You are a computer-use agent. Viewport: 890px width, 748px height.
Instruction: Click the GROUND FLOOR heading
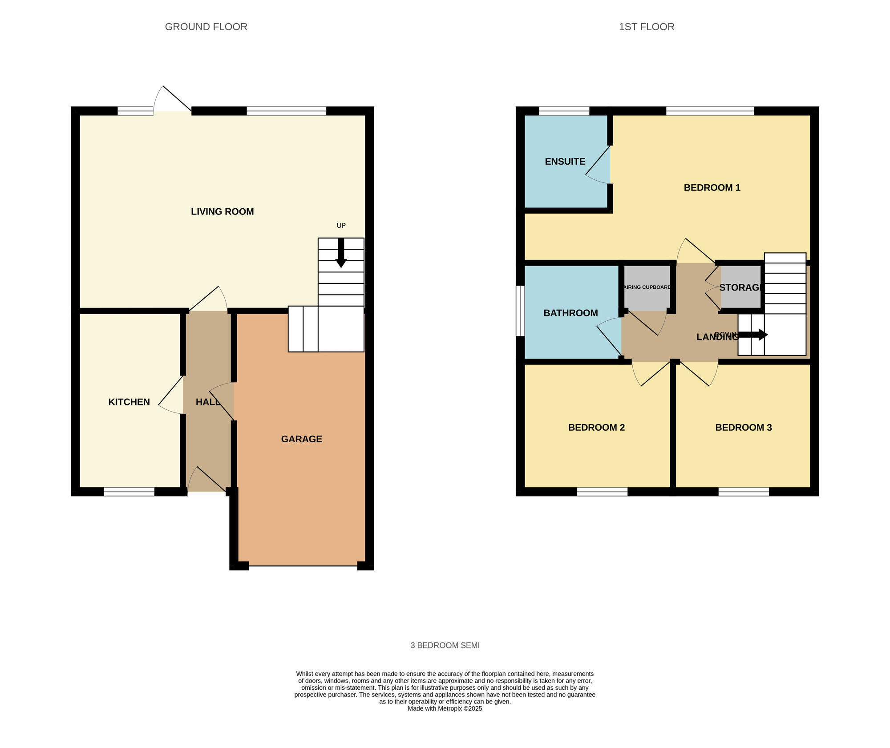click(x=206, y=27)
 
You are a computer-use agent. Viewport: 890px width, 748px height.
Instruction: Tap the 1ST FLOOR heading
click(x=646, y=27)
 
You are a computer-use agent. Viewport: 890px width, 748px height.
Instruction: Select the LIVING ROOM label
click(x=222, y=212)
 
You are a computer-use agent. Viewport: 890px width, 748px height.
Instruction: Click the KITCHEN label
click(x=129, y=402)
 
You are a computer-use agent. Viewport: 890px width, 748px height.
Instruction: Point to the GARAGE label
click(x=301, y=439)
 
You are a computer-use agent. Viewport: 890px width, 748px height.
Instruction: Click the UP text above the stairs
click(x=341, y=226)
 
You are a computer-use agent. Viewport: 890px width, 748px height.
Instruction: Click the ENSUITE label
click(x=565, y=162)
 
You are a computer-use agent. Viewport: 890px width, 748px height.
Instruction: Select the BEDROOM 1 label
click(x=712, y=188)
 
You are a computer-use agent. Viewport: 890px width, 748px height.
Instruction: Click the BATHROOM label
click(x=570, y=313)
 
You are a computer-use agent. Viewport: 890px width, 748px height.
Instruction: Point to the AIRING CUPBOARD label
click(x=647, y=287)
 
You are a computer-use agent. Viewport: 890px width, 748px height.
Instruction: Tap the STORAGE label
click(x=741, y=288)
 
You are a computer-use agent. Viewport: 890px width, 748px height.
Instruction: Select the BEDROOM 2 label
click(x=596, y=428)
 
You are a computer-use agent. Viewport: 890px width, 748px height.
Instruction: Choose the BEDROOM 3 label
click(x=743, y=428)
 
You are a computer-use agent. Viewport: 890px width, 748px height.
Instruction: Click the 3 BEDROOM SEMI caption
click(x=445, y=645)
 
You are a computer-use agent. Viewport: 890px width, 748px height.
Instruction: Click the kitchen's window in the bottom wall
click(x=129, y=492)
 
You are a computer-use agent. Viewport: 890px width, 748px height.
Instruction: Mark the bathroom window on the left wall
click(x=520, y=311)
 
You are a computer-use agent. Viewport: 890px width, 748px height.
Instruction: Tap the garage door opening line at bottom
click(x=303, y=566)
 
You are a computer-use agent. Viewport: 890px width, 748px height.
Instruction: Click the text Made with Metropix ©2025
click(x=445, y=708)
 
